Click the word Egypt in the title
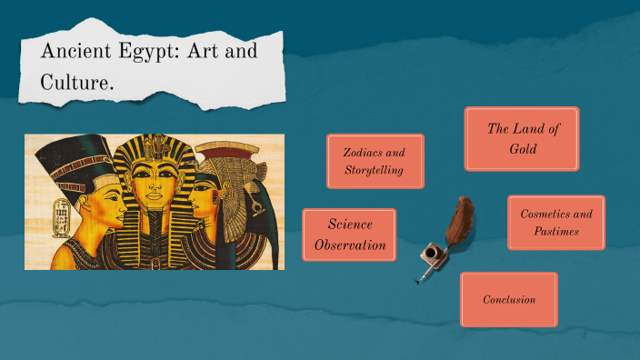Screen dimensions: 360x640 point(137,52)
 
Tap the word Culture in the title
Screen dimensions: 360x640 point(75,83)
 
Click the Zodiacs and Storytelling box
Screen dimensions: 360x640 point(374,162)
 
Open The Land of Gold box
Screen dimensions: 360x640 point(521,138)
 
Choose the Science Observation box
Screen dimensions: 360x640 point(349,234)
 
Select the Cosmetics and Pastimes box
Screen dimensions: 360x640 point(555,223)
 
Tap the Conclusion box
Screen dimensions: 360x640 point(508,299)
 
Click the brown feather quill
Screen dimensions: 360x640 point(459,222)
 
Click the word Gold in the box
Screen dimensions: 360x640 point(523,148)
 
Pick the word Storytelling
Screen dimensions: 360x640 point(374,171)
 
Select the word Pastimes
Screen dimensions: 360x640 point(556,232)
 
